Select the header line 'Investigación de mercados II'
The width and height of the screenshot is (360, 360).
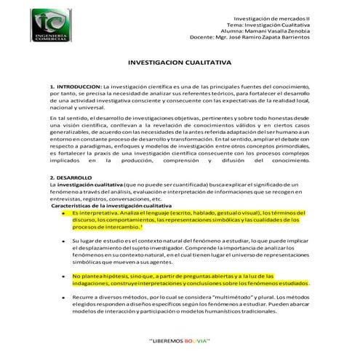click(x=269, y=17)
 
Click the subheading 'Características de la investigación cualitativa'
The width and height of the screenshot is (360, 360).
click(x=109, y=206)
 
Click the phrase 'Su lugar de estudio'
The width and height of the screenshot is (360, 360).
click(x=97, y=240)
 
